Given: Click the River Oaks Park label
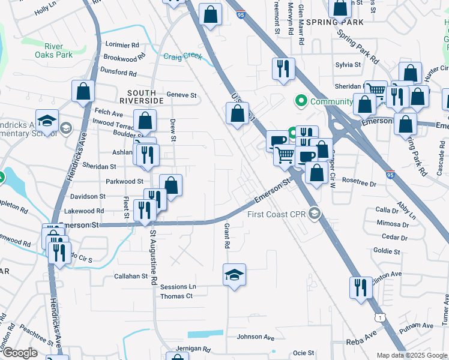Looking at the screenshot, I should click(58, 50).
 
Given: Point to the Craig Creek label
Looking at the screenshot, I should click(182, 56).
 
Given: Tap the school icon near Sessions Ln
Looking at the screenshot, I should click(235, 275).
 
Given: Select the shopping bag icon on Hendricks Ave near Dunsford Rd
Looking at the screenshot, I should click(83, 92).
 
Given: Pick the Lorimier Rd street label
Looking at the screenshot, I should click(122, 44).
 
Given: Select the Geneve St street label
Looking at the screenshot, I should click(181, 95).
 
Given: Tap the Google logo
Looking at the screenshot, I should click(20, 353).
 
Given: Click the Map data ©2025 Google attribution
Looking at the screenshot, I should click(412, 355).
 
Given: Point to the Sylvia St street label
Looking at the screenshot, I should click(348, 64).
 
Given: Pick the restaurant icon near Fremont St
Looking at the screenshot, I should click(282, 68).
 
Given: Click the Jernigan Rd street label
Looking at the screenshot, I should click(193, 349).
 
